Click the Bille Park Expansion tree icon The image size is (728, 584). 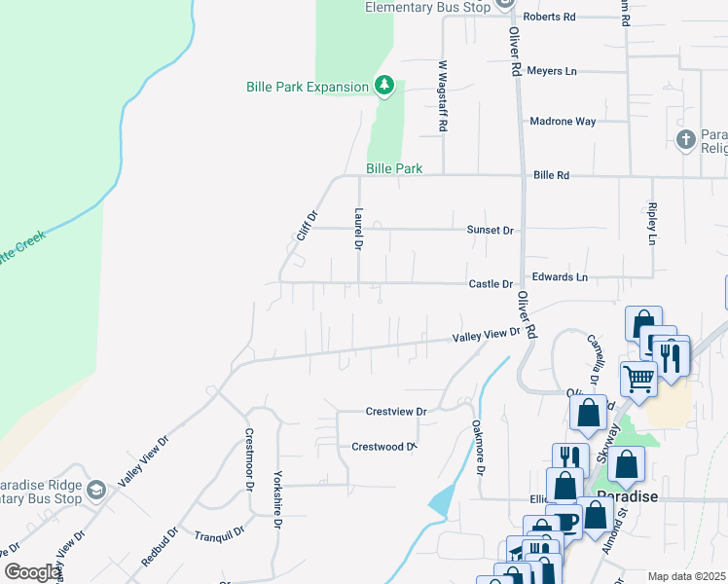pyautogui.click(x=384, y=87)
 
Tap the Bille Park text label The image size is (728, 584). pyautogui.click(x=394, y=168)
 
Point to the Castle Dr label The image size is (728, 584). pyautogui.click(x=491, y=284)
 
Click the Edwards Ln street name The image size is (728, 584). pyautogui.click(x=567, y=277)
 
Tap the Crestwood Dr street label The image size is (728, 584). pyautogui.click(x=383, y=447)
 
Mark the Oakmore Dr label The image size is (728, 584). pyautogui.click(x=478, y=447)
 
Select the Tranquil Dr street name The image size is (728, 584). pyautogui.click(x=219, y=534)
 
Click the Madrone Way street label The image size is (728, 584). pyautogui.click(x=563, y=122)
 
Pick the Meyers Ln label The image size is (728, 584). pyautogui.click(x=552, y=71)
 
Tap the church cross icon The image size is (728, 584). pyautogui.click(x=686, y=139)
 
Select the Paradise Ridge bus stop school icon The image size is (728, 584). pyautogui.click(x=95, y=489)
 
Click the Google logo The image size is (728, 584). pyautogui.click(x=32, y=571)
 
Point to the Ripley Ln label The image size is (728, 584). pyautogui.click(x=651, y=223)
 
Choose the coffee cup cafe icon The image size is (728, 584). pyautogui.click(x=564, y=521)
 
